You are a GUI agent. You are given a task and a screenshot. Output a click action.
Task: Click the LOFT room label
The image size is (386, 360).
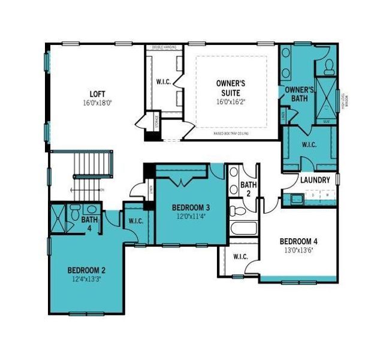[97, 94]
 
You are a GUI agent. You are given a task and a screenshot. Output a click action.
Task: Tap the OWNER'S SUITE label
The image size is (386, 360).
[231, 88]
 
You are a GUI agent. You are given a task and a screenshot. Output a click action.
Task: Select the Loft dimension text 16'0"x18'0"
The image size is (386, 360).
[97, 103]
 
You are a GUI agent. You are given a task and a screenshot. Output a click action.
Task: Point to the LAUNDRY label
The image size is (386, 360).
[315, 180]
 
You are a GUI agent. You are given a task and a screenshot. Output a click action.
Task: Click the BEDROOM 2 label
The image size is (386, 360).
[86, 269]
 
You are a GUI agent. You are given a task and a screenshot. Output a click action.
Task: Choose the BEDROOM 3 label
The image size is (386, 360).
[191, 208]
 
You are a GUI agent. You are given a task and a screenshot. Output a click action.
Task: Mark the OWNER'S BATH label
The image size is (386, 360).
[299, 94]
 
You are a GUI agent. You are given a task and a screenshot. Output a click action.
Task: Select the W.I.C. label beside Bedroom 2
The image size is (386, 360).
[135, 221]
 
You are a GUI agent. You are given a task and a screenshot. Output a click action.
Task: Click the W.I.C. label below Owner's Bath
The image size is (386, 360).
[309, 145]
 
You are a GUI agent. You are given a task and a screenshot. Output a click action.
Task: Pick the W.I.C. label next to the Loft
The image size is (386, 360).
[164, 82]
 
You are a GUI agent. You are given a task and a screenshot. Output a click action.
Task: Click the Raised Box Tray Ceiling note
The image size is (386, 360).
[231, 134]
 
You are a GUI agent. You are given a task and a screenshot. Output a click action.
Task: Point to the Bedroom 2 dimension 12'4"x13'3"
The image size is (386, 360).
[86, 278]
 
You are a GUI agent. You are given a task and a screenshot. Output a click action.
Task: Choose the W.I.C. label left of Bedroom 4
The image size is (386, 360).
[240, 257]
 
